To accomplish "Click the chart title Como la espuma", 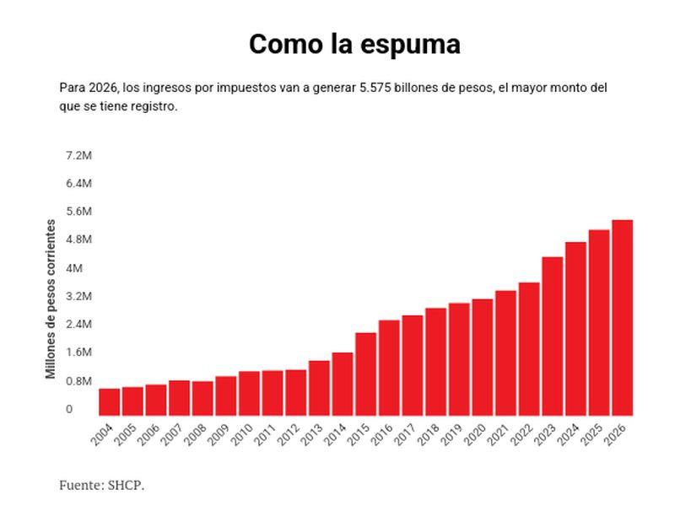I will click(354, 44).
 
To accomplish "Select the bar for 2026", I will click(622, 318).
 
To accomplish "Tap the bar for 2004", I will click(110, 402).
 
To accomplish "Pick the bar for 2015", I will click(365, 374).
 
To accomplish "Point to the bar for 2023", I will click(552, 336).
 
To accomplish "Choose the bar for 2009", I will click(226, 396).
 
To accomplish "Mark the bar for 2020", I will click(482, 358).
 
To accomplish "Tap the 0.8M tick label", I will click(78, 381).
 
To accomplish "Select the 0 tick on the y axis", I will click(69, 409).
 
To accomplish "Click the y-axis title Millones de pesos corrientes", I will click(51, 299).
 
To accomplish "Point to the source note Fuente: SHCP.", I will click(101, 485).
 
